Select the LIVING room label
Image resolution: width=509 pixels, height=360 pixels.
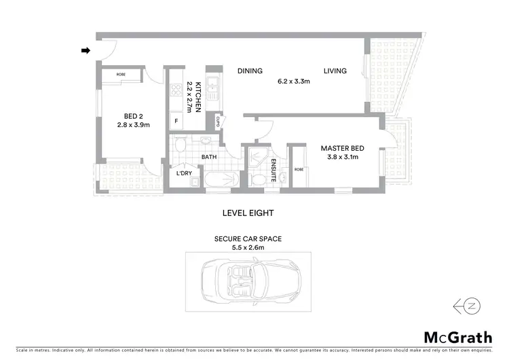(x=335, y=71)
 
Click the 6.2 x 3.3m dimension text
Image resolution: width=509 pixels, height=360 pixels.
(x=293, y=82)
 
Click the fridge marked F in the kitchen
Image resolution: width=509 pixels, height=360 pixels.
(x=177, y=122)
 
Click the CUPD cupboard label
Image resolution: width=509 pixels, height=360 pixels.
(x=218, y=122)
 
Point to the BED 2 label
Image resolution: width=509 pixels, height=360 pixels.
(x=133, y=115)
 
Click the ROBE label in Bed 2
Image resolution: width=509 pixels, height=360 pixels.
(x=120, y=74)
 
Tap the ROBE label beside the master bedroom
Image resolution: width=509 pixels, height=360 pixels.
(x=298, y=170)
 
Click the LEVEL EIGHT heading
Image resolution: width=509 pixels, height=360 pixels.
(x=248, y=213)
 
